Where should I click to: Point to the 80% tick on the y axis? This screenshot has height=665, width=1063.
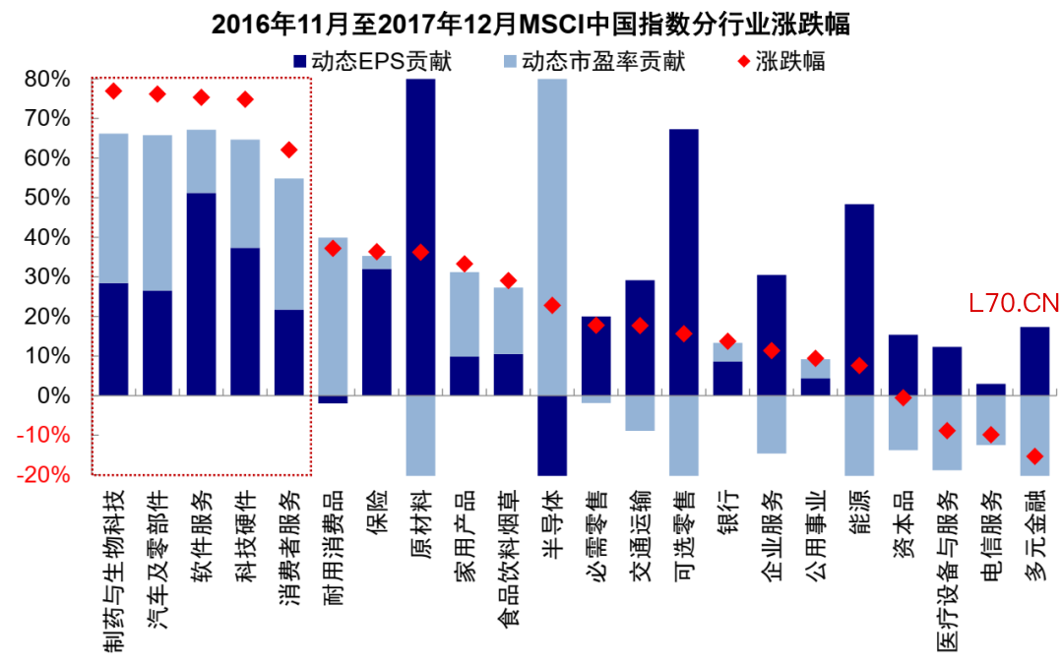[47, 79]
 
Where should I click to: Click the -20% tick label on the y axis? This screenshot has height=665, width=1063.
[43, 475]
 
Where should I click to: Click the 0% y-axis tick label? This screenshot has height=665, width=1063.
[53, 395]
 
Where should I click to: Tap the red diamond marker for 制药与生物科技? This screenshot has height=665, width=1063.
[113, 91]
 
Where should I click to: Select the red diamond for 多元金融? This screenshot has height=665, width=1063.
[1033, 455]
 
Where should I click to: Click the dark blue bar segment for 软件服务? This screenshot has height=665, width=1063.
[201, 295]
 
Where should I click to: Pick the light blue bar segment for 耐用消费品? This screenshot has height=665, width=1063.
[333, 315]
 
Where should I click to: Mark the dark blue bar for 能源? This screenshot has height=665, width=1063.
[858, 300]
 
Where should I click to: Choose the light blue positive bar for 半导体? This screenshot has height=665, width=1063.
[552, 236]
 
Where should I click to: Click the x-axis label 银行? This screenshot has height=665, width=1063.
[727, 512]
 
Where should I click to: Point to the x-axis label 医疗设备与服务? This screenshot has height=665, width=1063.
[947, 571]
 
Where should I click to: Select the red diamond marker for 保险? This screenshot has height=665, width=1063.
[376, 252]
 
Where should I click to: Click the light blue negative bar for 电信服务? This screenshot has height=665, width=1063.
[990, 420]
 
